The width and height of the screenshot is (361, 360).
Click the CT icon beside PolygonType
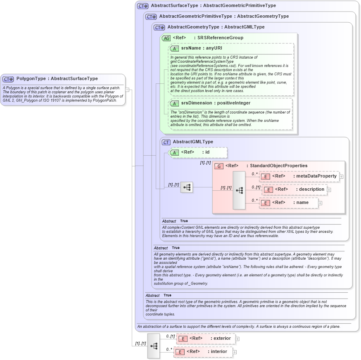(8, 79)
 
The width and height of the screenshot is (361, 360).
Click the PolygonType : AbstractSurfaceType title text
(57, 79)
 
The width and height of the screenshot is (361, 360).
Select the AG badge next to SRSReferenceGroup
(166, 38)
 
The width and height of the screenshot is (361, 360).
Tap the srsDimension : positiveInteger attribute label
(216, 103)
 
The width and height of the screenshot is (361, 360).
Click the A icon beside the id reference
(174, 152)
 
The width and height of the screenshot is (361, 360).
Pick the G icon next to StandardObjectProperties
(219, 166)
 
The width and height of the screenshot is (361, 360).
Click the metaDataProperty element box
(299, 176)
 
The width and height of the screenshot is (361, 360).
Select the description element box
(295, 189)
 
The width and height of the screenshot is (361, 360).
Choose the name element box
(289, 203)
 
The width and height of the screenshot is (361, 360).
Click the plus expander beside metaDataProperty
(342, 177)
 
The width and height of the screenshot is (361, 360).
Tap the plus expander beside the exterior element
(237, 339)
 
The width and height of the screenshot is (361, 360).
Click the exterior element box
(205, 339)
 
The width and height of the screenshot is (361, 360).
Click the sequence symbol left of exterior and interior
(154, 346)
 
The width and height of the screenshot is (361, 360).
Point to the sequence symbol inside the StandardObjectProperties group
(239, 190)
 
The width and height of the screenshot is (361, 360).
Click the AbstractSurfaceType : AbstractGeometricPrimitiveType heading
(213, 6)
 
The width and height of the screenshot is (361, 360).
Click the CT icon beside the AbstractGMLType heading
(166, 142)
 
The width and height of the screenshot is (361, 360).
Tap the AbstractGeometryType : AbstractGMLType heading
(216, 27)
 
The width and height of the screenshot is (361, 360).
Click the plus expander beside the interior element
(235, 352)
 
